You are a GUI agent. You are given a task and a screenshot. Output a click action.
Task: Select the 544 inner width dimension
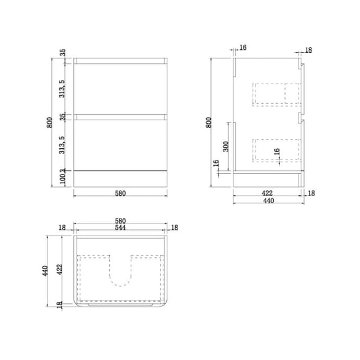click(x=120, y=227)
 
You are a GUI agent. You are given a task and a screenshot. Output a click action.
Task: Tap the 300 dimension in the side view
click(x=226, y=147)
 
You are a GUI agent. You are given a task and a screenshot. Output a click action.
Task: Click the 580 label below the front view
click(x=120, y=194)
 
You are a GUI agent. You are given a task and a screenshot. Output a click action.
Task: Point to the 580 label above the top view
click(x=120, y=221)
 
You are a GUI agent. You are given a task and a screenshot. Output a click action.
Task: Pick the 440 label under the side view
click(x=268, y=200)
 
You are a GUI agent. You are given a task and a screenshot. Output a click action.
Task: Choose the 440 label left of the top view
click(x=45, y=271)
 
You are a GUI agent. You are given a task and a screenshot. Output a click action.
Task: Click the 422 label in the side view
click(x=267, y=193)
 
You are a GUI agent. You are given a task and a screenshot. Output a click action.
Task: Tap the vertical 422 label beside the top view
click(x=59, y=269)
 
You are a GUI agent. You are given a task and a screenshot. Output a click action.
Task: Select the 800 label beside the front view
click(x=49, y=123)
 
